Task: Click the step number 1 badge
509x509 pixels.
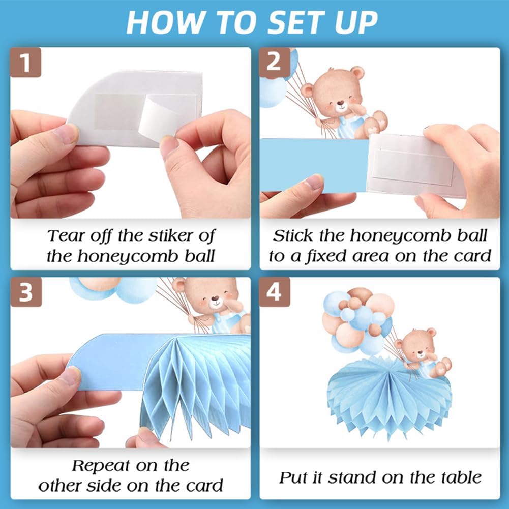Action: tap(25, 63)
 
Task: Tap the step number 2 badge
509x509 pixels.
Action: tap(274, 63)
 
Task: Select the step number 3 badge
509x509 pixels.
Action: tap(26, 292)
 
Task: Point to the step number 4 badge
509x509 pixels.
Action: tap(274, 292)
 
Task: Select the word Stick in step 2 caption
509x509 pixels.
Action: tap(293, 236)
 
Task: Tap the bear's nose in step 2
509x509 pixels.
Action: tap(340, 104)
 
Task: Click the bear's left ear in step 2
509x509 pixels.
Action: tap(308, 91)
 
